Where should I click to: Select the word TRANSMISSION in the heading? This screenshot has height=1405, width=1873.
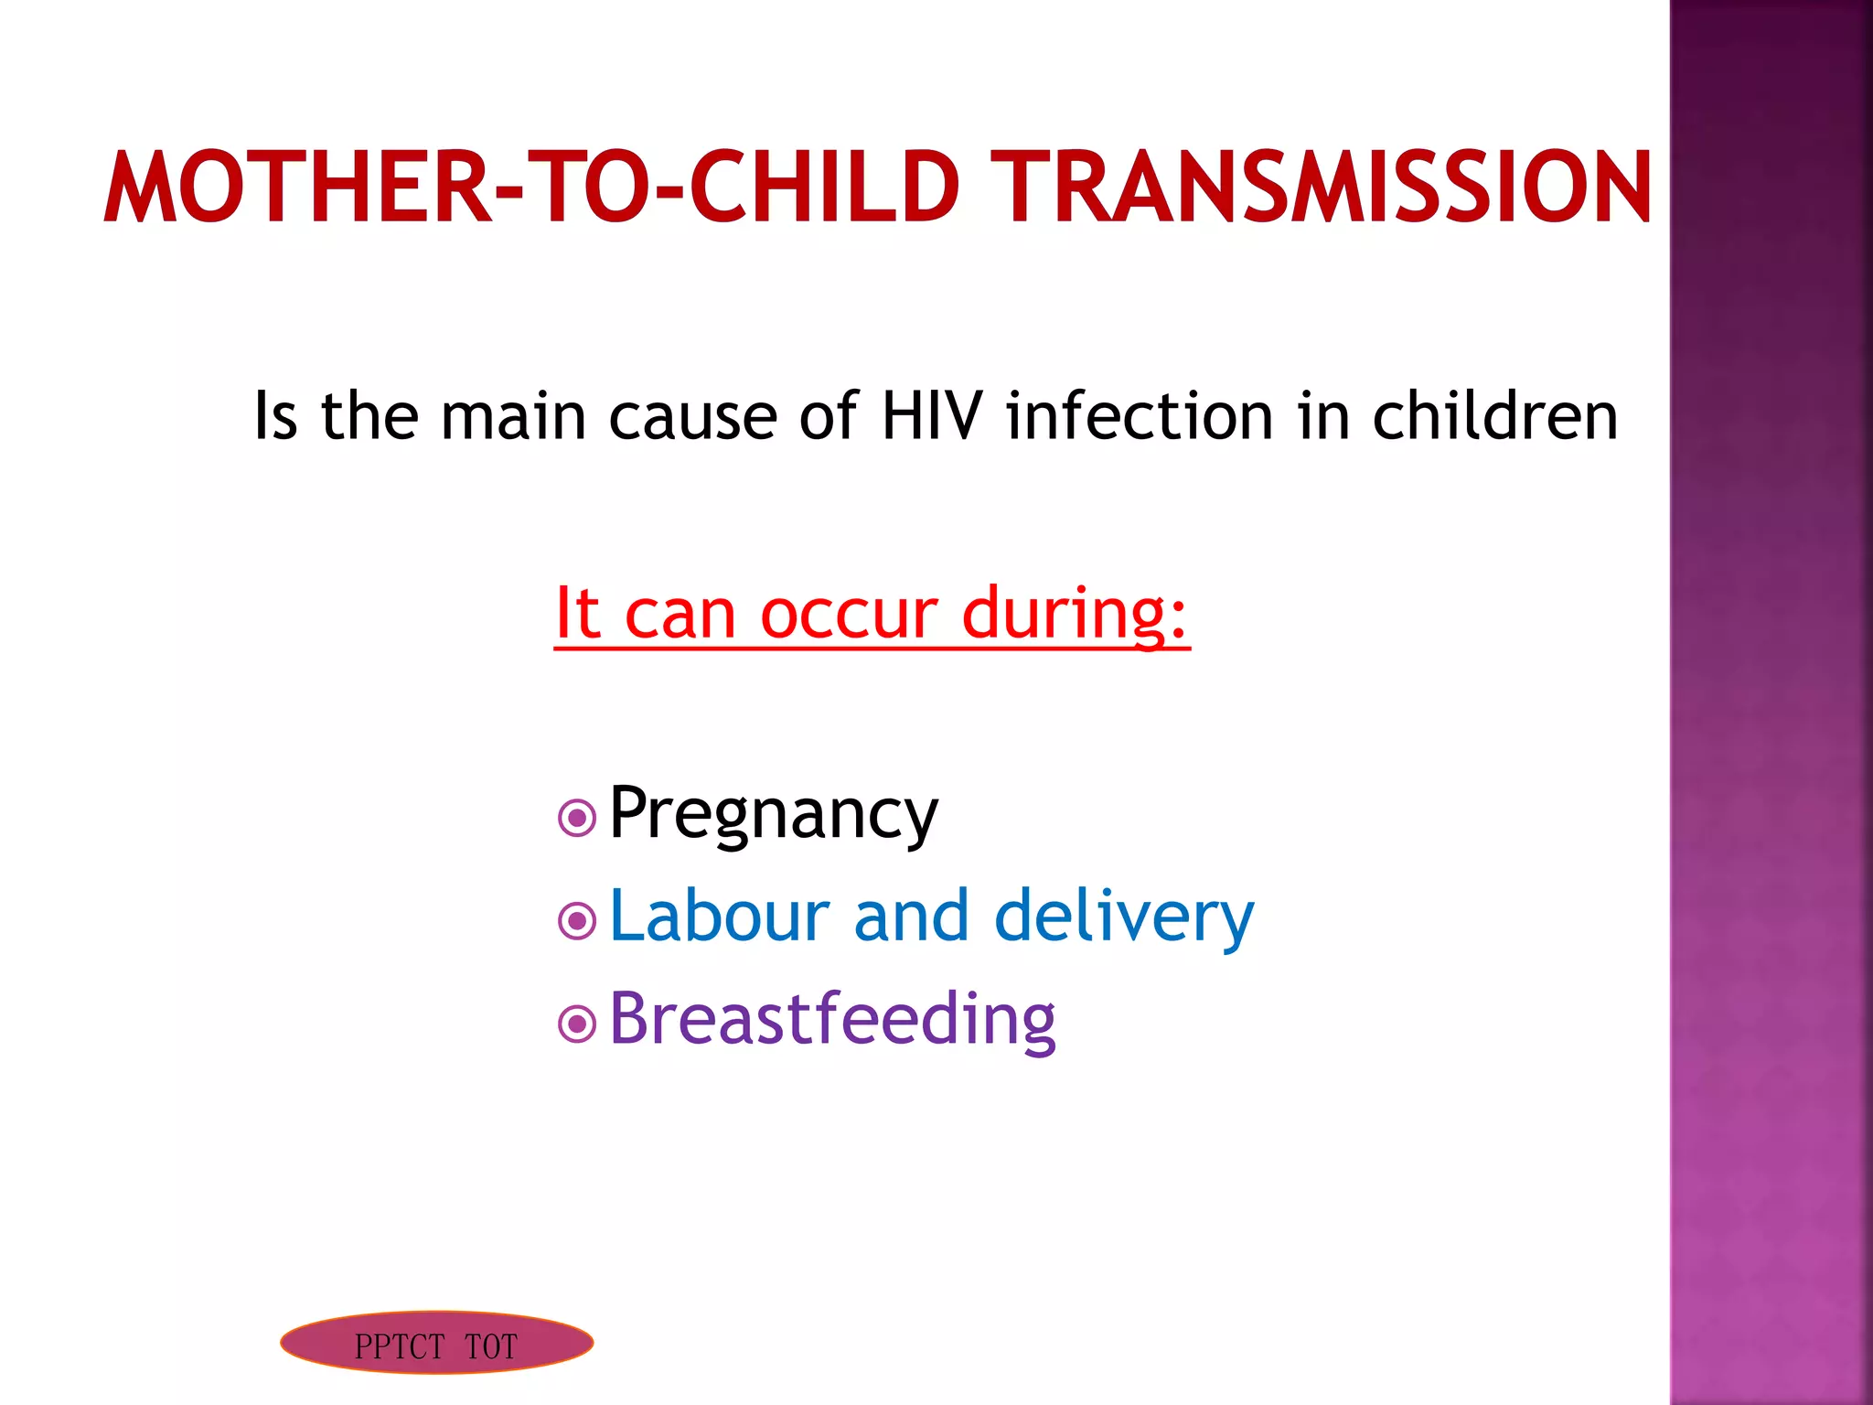[x=1321, y=188]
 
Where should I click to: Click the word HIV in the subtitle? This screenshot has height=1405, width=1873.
[x=932, y=416]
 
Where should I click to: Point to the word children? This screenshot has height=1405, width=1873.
[x=1494, y=416]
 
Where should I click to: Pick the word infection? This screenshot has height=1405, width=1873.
[x=1140, y=416]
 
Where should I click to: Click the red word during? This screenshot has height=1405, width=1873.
[x=1075, y=614]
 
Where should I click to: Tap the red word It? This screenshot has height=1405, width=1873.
[x=578, y=613]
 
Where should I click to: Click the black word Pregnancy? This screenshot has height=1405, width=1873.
[x=773, y=814]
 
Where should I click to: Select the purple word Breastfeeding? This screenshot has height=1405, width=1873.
[x=832, y=1019]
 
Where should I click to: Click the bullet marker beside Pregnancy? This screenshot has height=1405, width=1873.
[x=577, y=819]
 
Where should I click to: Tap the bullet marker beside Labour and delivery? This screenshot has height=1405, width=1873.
[x=577, y=921]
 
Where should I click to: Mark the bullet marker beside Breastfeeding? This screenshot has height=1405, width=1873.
[x=577, y=1024]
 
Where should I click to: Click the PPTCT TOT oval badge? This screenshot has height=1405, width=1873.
[x=436, y=1343]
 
